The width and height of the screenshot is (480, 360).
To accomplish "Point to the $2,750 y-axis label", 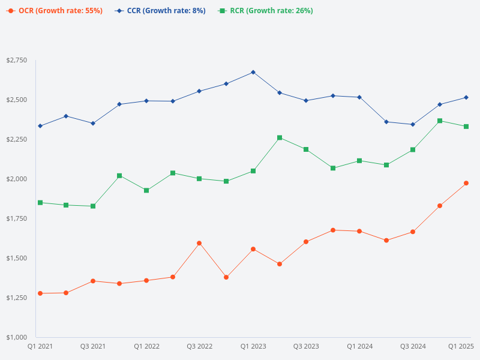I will point(17,61).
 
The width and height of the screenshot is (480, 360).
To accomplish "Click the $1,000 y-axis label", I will point(17,337).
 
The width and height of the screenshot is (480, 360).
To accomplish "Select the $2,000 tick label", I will point(17,179).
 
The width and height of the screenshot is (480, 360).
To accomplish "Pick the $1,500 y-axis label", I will point(17,258).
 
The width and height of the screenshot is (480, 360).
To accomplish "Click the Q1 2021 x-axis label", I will point(40,347).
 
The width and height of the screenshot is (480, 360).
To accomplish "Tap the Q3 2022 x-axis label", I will point(200,347).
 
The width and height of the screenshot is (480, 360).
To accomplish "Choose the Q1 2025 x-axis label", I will point(461,347).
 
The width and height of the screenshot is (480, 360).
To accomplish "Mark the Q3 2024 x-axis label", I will point(413,347).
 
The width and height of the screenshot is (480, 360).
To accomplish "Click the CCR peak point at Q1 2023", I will point(253,72).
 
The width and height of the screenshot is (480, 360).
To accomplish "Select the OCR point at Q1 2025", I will point(466,183).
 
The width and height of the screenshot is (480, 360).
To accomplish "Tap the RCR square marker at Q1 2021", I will point(40,203).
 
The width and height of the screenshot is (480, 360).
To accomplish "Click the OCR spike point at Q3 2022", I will point(199,243).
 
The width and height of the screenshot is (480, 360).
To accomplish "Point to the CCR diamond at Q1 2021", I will point(40,126).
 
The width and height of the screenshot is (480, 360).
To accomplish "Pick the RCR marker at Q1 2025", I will point(466,127).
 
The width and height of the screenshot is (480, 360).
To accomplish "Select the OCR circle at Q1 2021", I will point(40,293).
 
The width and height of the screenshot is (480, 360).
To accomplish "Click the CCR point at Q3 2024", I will point(413,124).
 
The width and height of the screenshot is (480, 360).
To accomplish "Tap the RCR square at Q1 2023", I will point(253,171).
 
